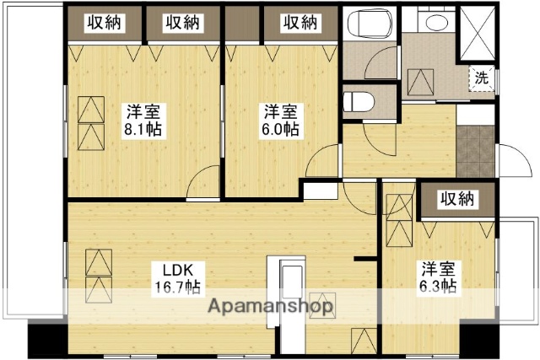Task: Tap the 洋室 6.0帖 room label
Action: pyautogui.click(x=279, y=121)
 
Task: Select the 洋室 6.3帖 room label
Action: pyautogui.click(x=439, y=277)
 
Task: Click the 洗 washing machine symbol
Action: pyautogui.click(x=481, y=76)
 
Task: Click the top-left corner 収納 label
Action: pyautogui.click(x=105, y=23)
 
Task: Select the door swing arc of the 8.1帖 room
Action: pyautogui.click(x=201, y=182)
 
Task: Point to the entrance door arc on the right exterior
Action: pyautogui.click(x=510, y=160)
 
